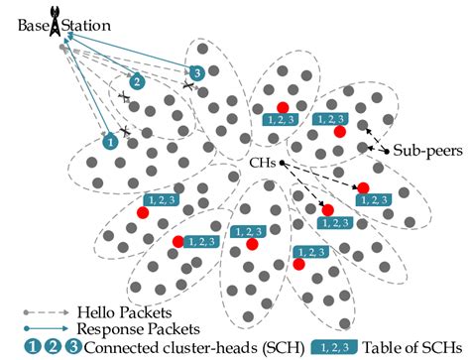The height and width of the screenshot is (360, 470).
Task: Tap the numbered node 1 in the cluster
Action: (110, 143)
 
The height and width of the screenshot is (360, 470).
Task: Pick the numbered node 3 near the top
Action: (198, 73)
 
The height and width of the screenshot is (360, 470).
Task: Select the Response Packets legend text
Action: (123, 328)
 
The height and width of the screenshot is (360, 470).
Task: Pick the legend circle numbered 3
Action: (70, 347)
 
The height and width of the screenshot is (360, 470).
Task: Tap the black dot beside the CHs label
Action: (283, 162)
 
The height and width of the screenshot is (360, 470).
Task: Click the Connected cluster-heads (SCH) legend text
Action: (198, 347)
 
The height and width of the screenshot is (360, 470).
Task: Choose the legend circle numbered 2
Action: (51, 347)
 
